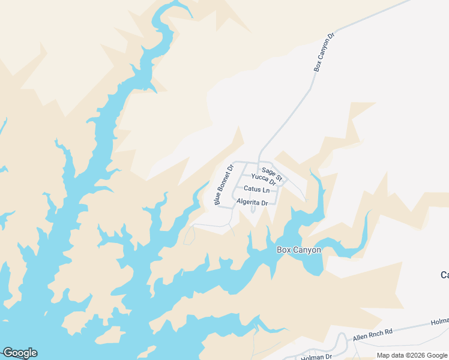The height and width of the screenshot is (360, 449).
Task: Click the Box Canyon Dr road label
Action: (x=324, y=53)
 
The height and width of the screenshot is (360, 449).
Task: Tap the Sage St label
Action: (x=272, y=173)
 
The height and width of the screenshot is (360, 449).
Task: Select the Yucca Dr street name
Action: (x=264, y=179)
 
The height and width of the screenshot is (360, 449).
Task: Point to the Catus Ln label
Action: (x=256, y=190)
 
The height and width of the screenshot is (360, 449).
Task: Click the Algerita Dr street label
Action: (x=252, y=203)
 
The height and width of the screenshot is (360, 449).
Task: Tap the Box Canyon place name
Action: (x=298, y=250)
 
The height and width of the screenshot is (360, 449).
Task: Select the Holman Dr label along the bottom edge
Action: (x=316, y=357)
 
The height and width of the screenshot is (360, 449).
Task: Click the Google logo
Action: (x=20, y=353)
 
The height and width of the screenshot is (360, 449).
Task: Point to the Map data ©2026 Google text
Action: (x=411, y=355)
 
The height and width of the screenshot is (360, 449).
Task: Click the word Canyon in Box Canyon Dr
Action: (x=324, y=50)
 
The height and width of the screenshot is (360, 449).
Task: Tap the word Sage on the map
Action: (x=268, y=172)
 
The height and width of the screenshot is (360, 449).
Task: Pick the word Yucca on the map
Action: (x=259, y=177)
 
